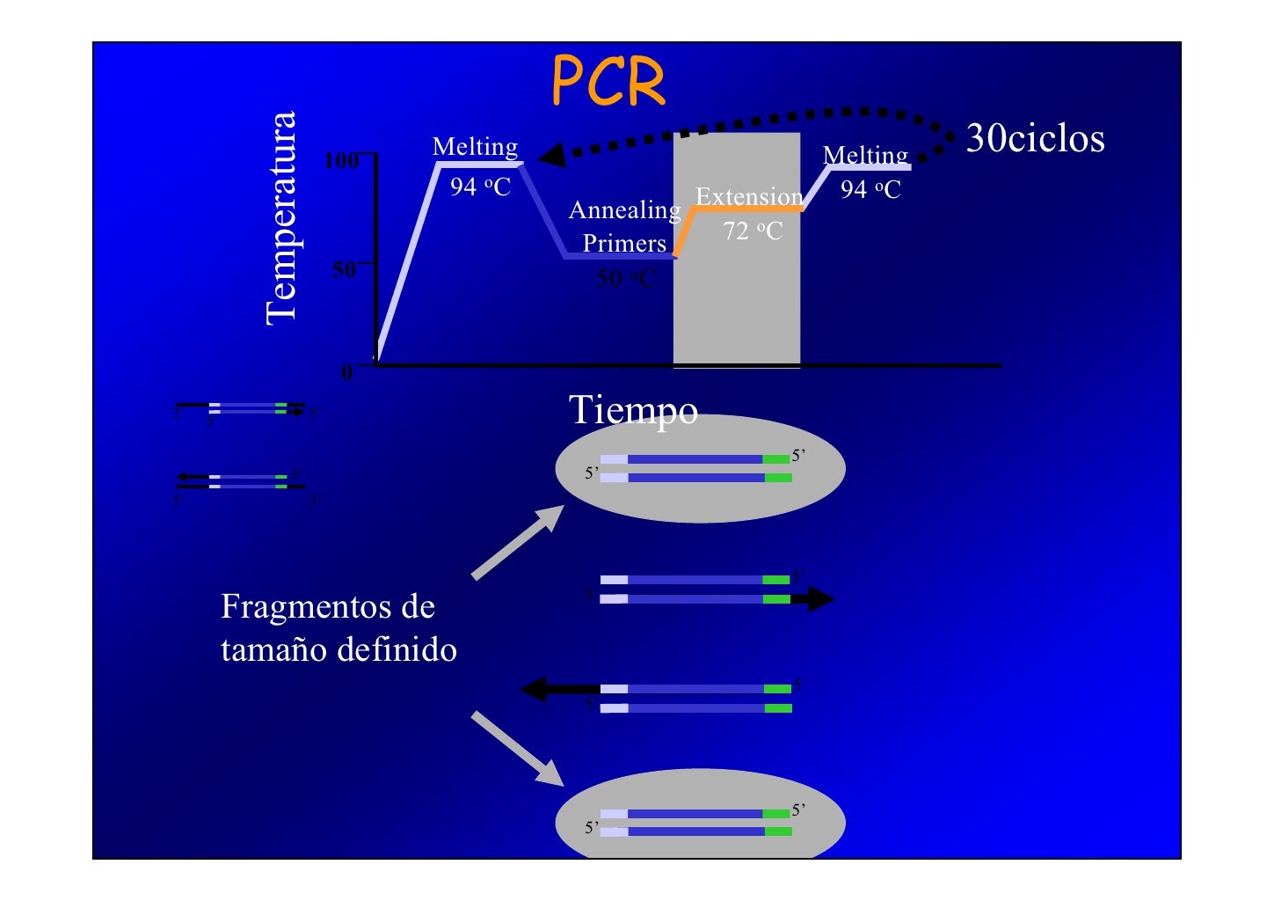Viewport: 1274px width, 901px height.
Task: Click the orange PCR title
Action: [x=608, y=82]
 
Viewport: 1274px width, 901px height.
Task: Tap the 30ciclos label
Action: [x=1035, y=139]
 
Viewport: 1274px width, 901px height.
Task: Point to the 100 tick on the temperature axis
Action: [x=341, y=160]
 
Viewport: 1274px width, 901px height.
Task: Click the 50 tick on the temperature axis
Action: [x=344, y=268]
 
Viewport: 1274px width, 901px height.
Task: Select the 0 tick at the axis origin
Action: [x=347, y=373]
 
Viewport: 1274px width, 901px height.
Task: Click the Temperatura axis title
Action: [x=281, y=218]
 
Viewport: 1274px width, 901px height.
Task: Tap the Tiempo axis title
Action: [x=633, y=410]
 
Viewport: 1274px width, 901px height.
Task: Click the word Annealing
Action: [x=624, y=210]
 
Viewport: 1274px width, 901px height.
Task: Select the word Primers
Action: [x=624, y=243]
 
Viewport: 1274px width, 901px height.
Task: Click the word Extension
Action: [x=749, y=196]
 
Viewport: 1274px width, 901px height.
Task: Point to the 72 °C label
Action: [x=753, y=231]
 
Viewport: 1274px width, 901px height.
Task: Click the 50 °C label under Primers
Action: [x=625, y=278]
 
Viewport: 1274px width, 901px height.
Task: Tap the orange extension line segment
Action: [x=747, y=209]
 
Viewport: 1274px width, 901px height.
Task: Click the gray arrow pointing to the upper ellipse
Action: [x=518, y=542]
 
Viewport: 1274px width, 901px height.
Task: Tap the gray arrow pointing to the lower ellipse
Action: [x=518, y=749]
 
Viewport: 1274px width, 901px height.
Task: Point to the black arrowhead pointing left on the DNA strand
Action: [x=535, y=688]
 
